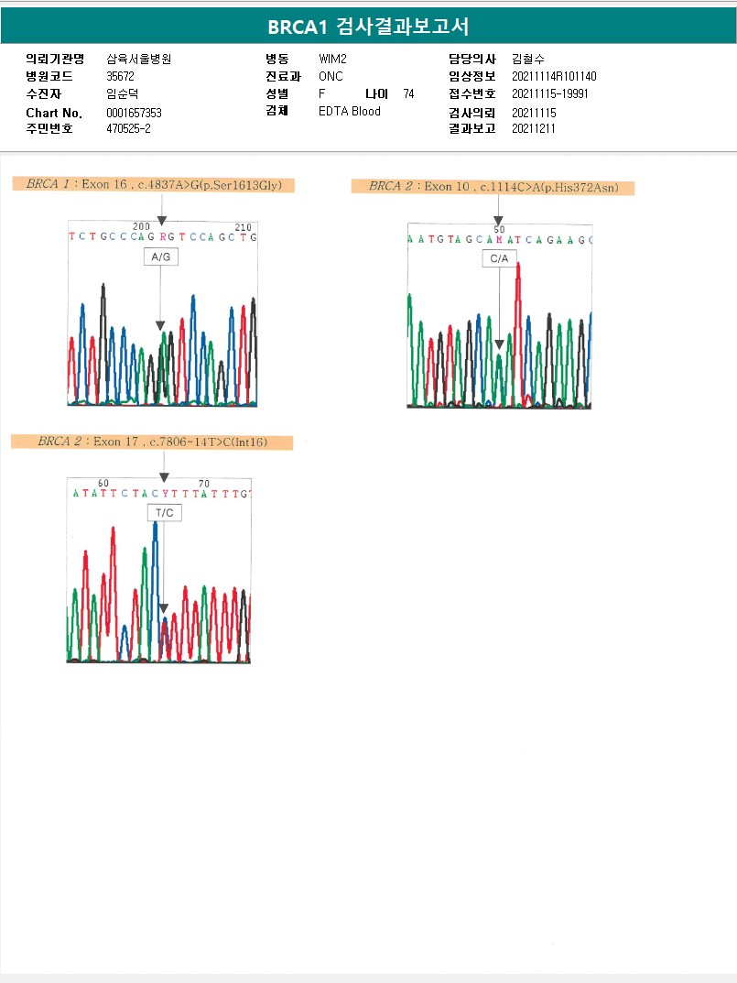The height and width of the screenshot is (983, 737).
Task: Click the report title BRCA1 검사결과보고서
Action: coord(369,27)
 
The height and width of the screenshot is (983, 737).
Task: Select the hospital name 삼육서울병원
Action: coord(139,59)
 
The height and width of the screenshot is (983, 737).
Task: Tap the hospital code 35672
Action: coord(121,76)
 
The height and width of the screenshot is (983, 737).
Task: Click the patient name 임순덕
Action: coord(123,93)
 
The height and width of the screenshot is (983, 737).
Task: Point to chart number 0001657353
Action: coord(135,113)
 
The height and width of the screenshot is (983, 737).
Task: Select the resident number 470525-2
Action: coord(129,129)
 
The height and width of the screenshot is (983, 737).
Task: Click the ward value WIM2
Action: coord(332,59)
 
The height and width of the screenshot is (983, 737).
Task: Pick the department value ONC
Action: coord(331,76)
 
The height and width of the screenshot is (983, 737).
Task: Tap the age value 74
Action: coord(408,93)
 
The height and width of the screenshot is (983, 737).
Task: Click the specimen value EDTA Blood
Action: coord(350,112)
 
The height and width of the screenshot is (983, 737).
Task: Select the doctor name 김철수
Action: coord(528,59)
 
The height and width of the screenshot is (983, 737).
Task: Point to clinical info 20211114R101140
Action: coord(554,76)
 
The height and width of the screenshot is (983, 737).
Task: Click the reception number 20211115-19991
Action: coord(550,93)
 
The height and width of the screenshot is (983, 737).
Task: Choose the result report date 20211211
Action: coord(534,129)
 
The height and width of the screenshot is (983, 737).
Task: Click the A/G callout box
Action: coord(160,257)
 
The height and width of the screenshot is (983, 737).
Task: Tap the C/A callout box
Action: coord(499,260)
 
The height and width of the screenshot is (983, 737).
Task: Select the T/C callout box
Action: coord(164,513)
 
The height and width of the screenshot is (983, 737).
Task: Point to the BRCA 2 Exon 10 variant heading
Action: coord(493,187)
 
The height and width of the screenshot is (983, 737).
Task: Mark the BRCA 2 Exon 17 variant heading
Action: coord(152,442)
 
